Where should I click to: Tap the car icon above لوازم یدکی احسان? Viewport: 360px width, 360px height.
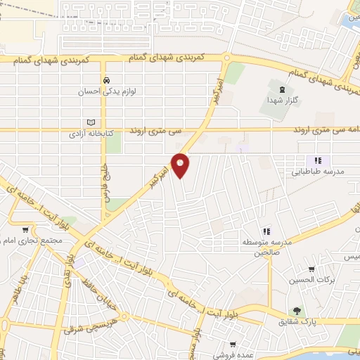105,80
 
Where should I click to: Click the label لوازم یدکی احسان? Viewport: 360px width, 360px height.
106,91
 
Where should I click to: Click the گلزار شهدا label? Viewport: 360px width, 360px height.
283,101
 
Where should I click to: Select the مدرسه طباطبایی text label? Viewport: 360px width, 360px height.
317,171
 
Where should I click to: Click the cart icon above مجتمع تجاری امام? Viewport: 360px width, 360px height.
26,229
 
